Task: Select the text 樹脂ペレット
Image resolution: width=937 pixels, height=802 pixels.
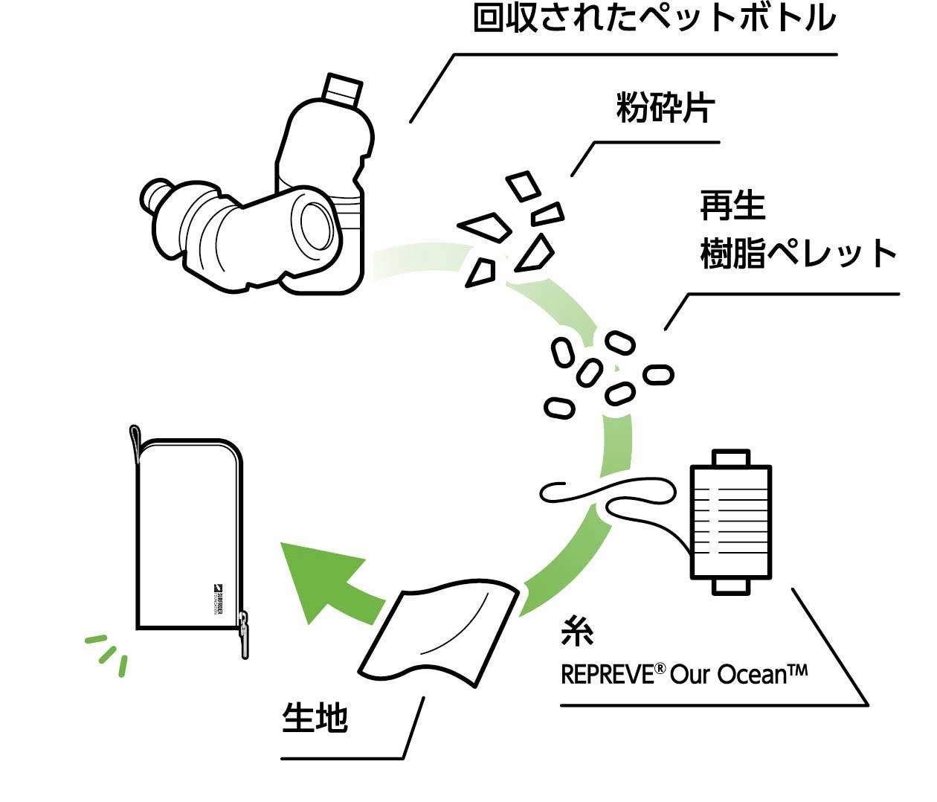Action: [799, 254]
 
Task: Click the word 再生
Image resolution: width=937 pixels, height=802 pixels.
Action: [732, 206]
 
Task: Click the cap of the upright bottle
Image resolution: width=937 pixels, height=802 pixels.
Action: [343, 89]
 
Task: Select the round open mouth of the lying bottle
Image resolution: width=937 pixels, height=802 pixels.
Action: [318, 224]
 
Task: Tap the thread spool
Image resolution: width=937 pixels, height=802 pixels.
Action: [731, 521]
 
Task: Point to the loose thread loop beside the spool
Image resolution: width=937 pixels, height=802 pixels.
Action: [610, 497]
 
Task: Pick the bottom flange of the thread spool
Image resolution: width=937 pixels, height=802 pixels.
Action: [731, 586]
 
